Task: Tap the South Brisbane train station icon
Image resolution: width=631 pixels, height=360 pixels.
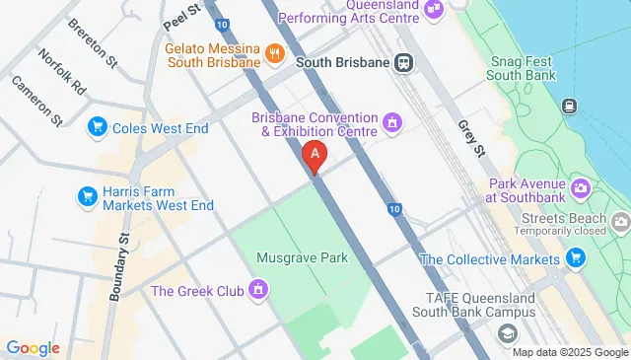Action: point(403,62)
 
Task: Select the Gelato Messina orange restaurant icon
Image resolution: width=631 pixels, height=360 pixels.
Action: point(276,55)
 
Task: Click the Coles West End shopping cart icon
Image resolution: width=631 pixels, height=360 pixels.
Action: point(97,126)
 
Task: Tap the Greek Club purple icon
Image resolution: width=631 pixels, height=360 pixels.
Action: point(258,290)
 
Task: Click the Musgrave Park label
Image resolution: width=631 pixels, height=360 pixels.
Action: point(303,258)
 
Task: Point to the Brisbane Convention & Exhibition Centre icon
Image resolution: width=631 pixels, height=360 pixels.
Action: point(392,122)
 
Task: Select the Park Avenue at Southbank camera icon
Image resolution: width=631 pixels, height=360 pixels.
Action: point(581,187)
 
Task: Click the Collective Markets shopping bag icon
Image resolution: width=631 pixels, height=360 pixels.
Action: point(576,258)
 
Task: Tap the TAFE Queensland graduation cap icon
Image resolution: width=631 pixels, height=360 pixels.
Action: point(507,334)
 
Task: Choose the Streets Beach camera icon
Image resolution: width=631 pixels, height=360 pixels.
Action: point(620,222)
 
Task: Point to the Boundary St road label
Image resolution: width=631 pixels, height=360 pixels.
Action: point(120,266)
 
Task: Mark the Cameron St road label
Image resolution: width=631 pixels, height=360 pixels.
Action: point(37,101)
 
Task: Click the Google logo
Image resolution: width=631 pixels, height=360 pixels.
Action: point(33,347)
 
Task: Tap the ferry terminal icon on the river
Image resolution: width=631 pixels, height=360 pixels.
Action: point(570,106)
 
